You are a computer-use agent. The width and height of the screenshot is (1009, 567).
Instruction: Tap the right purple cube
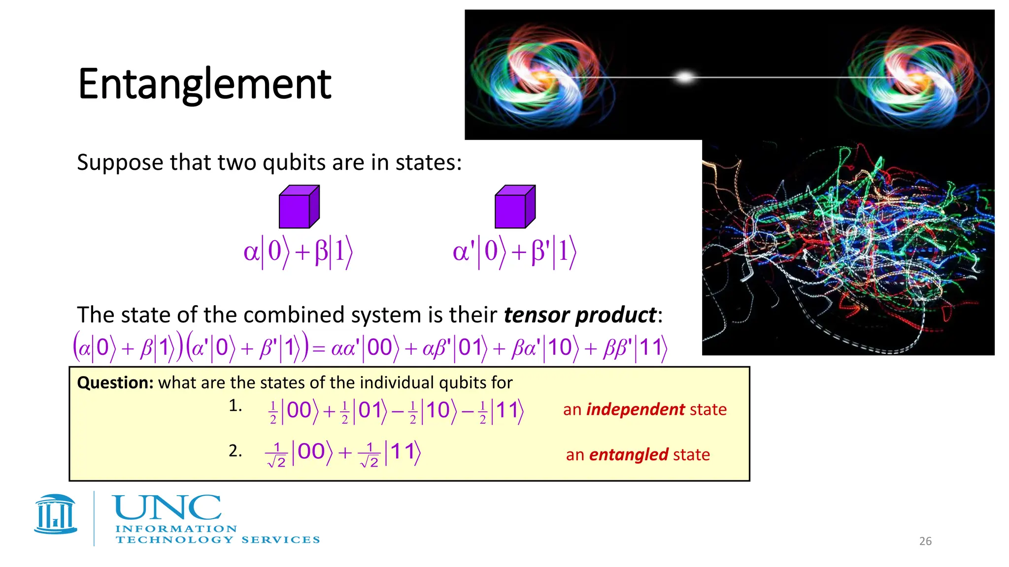coord(514,208)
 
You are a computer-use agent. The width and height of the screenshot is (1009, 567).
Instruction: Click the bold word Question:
coord(115,382)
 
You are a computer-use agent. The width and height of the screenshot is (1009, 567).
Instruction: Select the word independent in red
coord(635,409)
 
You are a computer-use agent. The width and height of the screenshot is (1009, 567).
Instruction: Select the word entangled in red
coord(628,454)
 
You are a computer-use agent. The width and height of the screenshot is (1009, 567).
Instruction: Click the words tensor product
coord(579,315)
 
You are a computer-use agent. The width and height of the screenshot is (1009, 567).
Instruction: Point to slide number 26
coord(925,541)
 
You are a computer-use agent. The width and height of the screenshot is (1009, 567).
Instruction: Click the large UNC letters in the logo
coord(167,508)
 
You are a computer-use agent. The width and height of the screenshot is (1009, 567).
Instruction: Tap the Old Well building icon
coord(56,514)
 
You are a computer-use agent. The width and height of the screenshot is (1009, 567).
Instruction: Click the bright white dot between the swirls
coord(684,77)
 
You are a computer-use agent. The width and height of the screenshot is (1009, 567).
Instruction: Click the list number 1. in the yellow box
coord(235,406)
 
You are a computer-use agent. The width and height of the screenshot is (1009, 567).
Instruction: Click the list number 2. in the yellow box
coord(235,450)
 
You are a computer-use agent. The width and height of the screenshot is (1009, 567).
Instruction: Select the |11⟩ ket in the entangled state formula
coord(403,452)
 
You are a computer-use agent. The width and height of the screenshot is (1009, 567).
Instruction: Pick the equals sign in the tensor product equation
coord(319,348)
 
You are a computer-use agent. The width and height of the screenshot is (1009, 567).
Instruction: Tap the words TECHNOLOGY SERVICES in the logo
coord(217,540)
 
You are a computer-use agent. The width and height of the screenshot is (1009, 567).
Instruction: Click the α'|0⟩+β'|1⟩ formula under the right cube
coord(514,252)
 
